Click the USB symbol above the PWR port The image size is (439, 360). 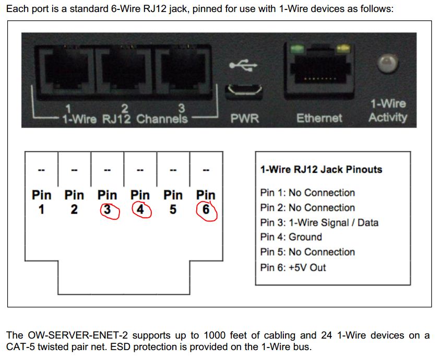243,65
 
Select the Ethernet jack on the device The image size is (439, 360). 319,72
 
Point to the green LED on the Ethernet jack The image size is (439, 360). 297,49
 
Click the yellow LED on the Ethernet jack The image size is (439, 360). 342,49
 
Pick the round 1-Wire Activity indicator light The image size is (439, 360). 387,63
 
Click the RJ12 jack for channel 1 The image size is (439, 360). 66,71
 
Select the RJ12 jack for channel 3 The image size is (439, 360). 183,71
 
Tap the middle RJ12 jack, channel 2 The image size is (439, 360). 124,71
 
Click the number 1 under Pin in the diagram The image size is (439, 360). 41,210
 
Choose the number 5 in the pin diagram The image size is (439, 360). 173,210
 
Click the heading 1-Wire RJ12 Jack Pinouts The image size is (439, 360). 321,169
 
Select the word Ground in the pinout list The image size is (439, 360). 305,237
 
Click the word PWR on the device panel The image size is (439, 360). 245,118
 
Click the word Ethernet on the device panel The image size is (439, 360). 319,118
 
